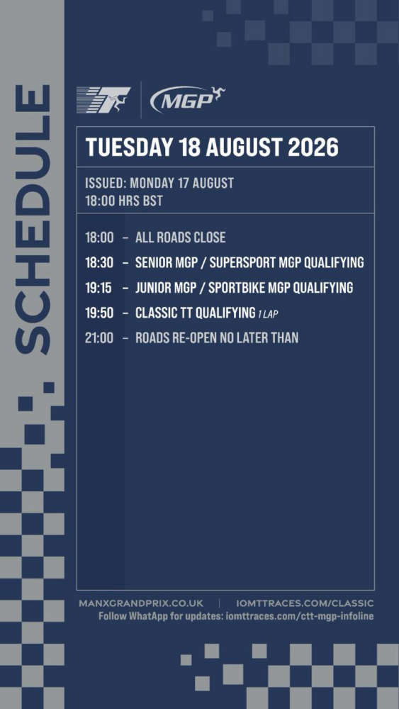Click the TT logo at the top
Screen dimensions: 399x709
pyautogui.click(x=103, y=99)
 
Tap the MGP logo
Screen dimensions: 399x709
pyautogui.click(x=188, y=99)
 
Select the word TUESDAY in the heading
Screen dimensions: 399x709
pyautogui.click(x=129, y=147)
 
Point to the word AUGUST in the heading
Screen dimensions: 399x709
pyautogui.click(x=245, y=147)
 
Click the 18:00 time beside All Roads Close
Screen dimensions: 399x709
pyautogui.click(x=99, y=238)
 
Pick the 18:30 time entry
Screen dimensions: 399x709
pyautogui.click(x=99, y=262)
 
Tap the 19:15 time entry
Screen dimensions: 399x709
pyautogui.click(x=99, y=288)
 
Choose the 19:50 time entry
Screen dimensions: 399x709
pyautogui.click(x=99, y=313)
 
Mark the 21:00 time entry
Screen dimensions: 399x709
pyautogui.click(x=99, y=337)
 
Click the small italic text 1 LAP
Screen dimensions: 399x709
pyautogui.click(x=268, y=314)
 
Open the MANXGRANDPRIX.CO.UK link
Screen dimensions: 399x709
pyautogui.click(x=141, y=603)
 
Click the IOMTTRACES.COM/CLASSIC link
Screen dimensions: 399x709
pyautogui.click(x=305, y=603)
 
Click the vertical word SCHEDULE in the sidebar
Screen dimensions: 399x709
pyautogui.click(x=33, y=219)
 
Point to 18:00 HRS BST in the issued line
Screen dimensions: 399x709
pyautogui.click(x=124, y=201)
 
